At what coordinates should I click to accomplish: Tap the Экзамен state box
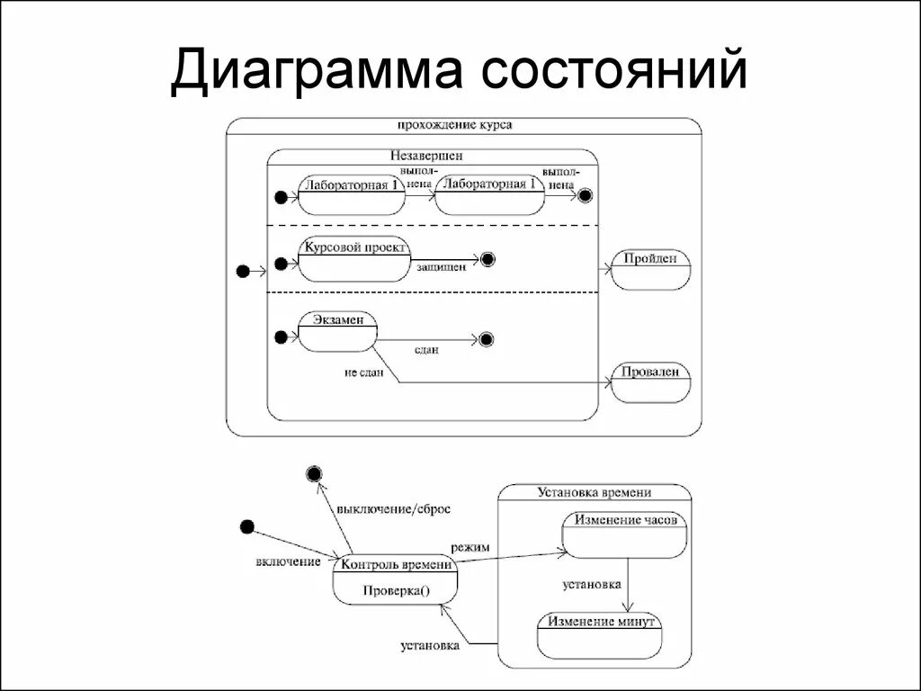pos(337,332)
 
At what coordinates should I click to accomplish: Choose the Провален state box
pos(650,381)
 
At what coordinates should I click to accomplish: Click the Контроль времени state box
pos(395,579)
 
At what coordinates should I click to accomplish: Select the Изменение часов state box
pos(625,534)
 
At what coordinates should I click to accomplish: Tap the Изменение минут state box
pos(600,634)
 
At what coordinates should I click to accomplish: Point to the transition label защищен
pos(441,267)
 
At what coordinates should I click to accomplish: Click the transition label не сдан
pos(363,372)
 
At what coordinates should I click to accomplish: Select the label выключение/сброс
pos(393,508)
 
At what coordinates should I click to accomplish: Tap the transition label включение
pos(288,561)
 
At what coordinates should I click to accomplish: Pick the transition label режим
pos(470,546)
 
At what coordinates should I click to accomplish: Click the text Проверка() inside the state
pos(397,591)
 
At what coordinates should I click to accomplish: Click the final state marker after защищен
pos(487,260)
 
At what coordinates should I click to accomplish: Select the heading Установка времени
pos(595,492)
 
